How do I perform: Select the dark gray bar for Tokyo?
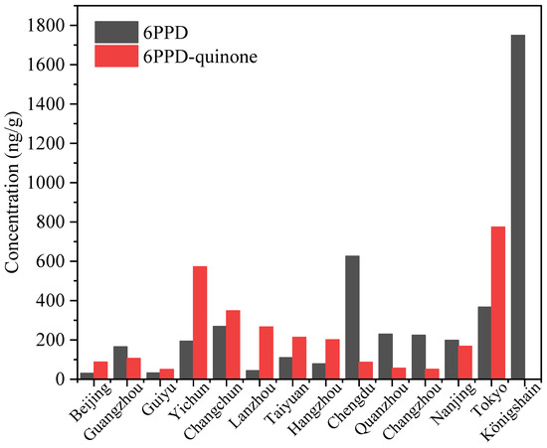coord(483,343)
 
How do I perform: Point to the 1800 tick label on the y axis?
coord(52,25)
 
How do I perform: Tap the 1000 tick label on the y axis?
coord(52,183)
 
